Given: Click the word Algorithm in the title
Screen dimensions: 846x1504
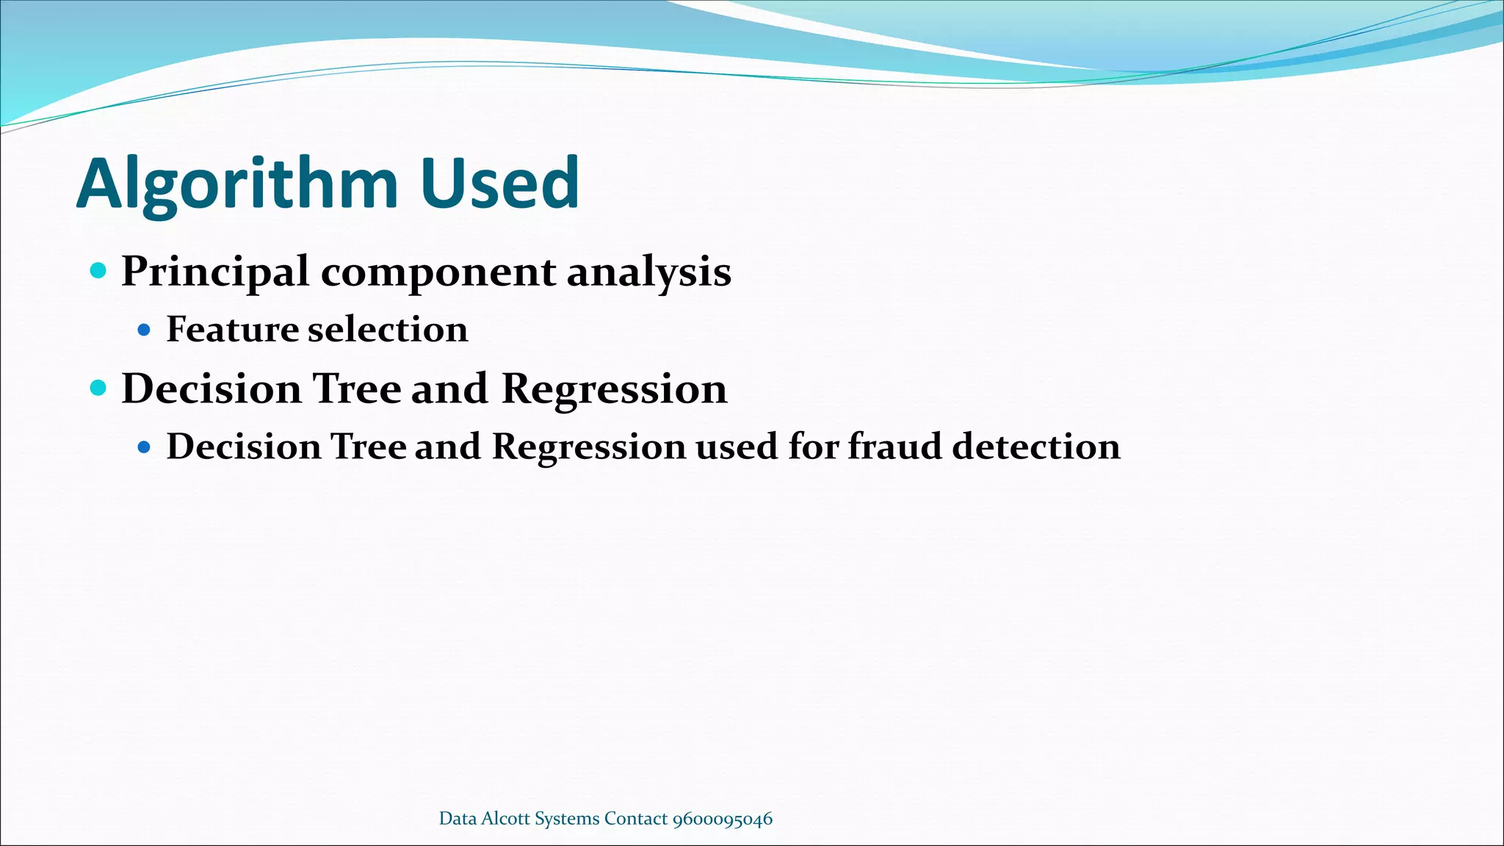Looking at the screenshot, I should click(236, 184).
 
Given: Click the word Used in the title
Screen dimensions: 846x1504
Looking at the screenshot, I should click(499, 184).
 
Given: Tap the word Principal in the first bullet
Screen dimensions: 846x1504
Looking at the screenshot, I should click(214, 272).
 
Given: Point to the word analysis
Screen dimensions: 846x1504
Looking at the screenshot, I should click(649, 272).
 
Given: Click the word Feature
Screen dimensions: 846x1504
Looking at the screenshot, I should click(231, 329).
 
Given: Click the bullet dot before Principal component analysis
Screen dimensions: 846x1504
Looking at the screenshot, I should click(98, 270).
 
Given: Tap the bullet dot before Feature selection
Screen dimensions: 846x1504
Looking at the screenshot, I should click(144, 330).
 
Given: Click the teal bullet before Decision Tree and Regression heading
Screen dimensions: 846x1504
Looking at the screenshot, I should click(98, 388).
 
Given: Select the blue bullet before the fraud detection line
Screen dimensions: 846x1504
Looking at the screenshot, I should click(144, 446).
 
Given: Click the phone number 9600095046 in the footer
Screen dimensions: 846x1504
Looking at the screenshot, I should click(723, 819).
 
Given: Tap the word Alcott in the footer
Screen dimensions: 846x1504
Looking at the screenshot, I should click(505, 818).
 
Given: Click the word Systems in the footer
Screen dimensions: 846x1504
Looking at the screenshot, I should click(567, 819).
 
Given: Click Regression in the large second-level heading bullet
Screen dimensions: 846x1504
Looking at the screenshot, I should click(614, 389).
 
